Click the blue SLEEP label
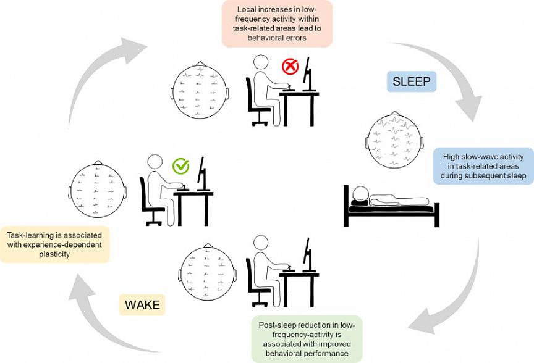(412, 81)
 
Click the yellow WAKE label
(142, 304)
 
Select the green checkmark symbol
(181, 166)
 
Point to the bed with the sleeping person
(391, 209)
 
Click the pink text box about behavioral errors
(277, 24)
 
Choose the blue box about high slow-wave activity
(483, 166)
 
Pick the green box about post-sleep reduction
(307, 339)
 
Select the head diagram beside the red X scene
(199, 91)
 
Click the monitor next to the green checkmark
(201, 173)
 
